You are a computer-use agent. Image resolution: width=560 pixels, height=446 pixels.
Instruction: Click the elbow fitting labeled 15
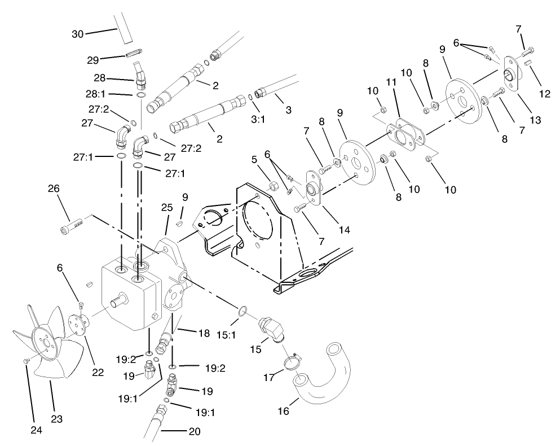[271, 330]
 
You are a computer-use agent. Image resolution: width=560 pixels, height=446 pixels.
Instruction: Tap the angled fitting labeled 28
[140, 75]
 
